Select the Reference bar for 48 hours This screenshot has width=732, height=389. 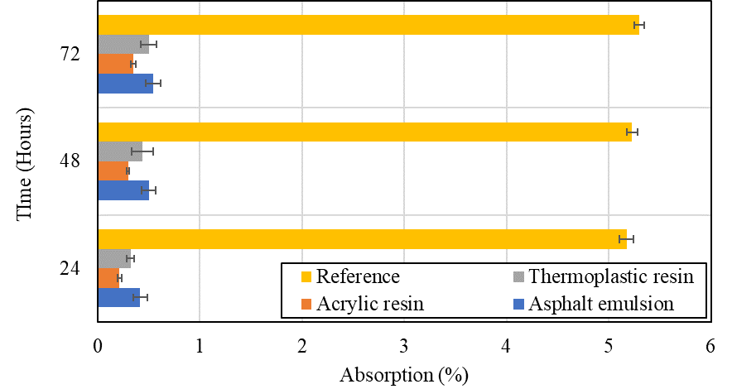pyautogui.click(x=364, y=132)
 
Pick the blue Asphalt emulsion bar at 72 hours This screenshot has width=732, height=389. pyautogui.click(x=125, y=84)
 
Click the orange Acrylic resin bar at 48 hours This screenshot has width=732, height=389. pyautogui.click(x=113, y=170)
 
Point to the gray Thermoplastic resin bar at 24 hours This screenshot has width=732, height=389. pyautogui.click(x=114, y=259)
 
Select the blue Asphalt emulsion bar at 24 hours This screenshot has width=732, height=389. pyautogui.click(x=118, y=296)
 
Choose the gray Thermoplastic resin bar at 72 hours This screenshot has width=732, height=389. pyautogui.click(x=123, y=44)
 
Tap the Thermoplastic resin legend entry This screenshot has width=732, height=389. pyautogui.click(x=609, y=276)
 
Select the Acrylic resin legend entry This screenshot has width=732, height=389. pyautogui.click(x=369, y=304)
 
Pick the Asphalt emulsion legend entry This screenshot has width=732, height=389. pyautogui.click(x=601, y=304)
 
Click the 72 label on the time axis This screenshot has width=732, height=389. pyautogui.click(x=70, y=55)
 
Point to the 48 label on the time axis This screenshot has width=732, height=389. pyautogui.click(x=70, y=161)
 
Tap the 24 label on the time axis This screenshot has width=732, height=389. pyautogui.click(x=70, y=268)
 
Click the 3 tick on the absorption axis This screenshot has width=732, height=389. pyautogui.click(x=404, y=347)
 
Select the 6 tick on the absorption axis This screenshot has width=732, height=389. pyautogui.click(x=710, y=347)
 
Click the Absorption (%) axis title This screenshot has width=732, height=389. pyautogui.click(x=404, y=374)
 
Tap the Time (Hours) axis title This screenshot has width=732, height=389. pyautogui.click(x=25, y=162)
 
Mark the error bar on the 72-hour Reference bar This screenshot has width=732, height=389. pyautogui.click(x=638, y=25)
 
